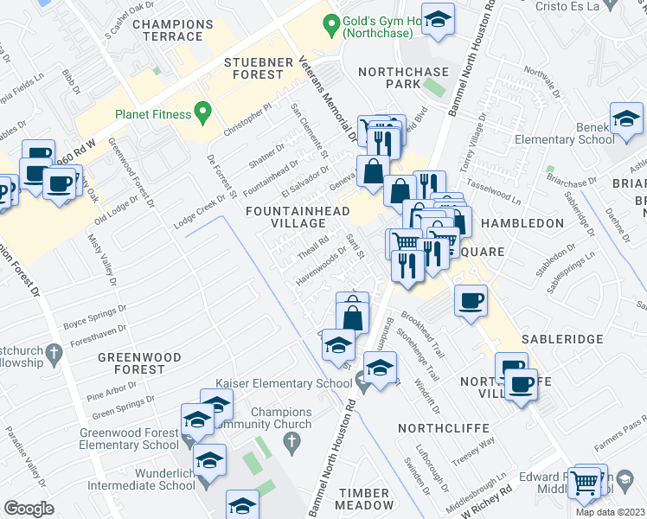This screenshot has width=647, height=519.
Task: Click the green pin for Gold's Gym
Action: pos(330,25)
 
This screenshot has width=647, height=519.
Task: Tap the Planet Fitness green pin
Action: pos(202,112)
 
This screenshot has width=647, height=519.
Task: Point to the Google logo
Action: pos(29,509)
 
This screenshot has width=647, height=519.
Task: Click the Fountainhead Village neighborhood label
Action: pos(298,218)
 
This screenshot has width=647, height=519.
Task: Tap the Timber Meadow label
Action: pos(365,498)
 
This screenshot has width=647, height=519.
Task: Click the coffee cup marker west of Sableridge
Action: pos(471,301)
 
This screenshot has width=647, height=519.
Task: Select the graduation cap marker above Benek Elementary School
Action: pos(626,119)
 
